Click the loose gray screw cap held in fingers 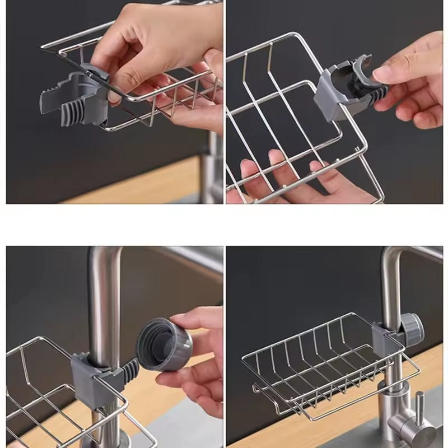tap(164, 343)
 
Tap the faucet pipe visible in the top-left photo tap(212, 168)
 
